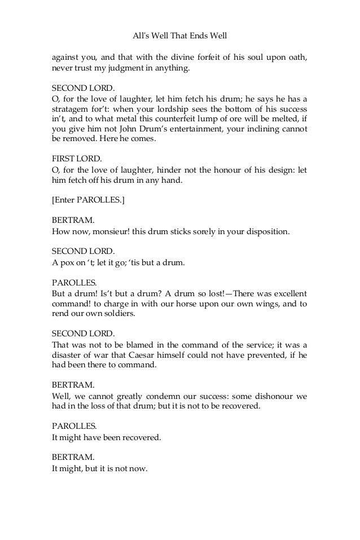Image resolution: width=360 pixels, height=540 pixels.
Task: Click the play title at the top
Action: [179, 36]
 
